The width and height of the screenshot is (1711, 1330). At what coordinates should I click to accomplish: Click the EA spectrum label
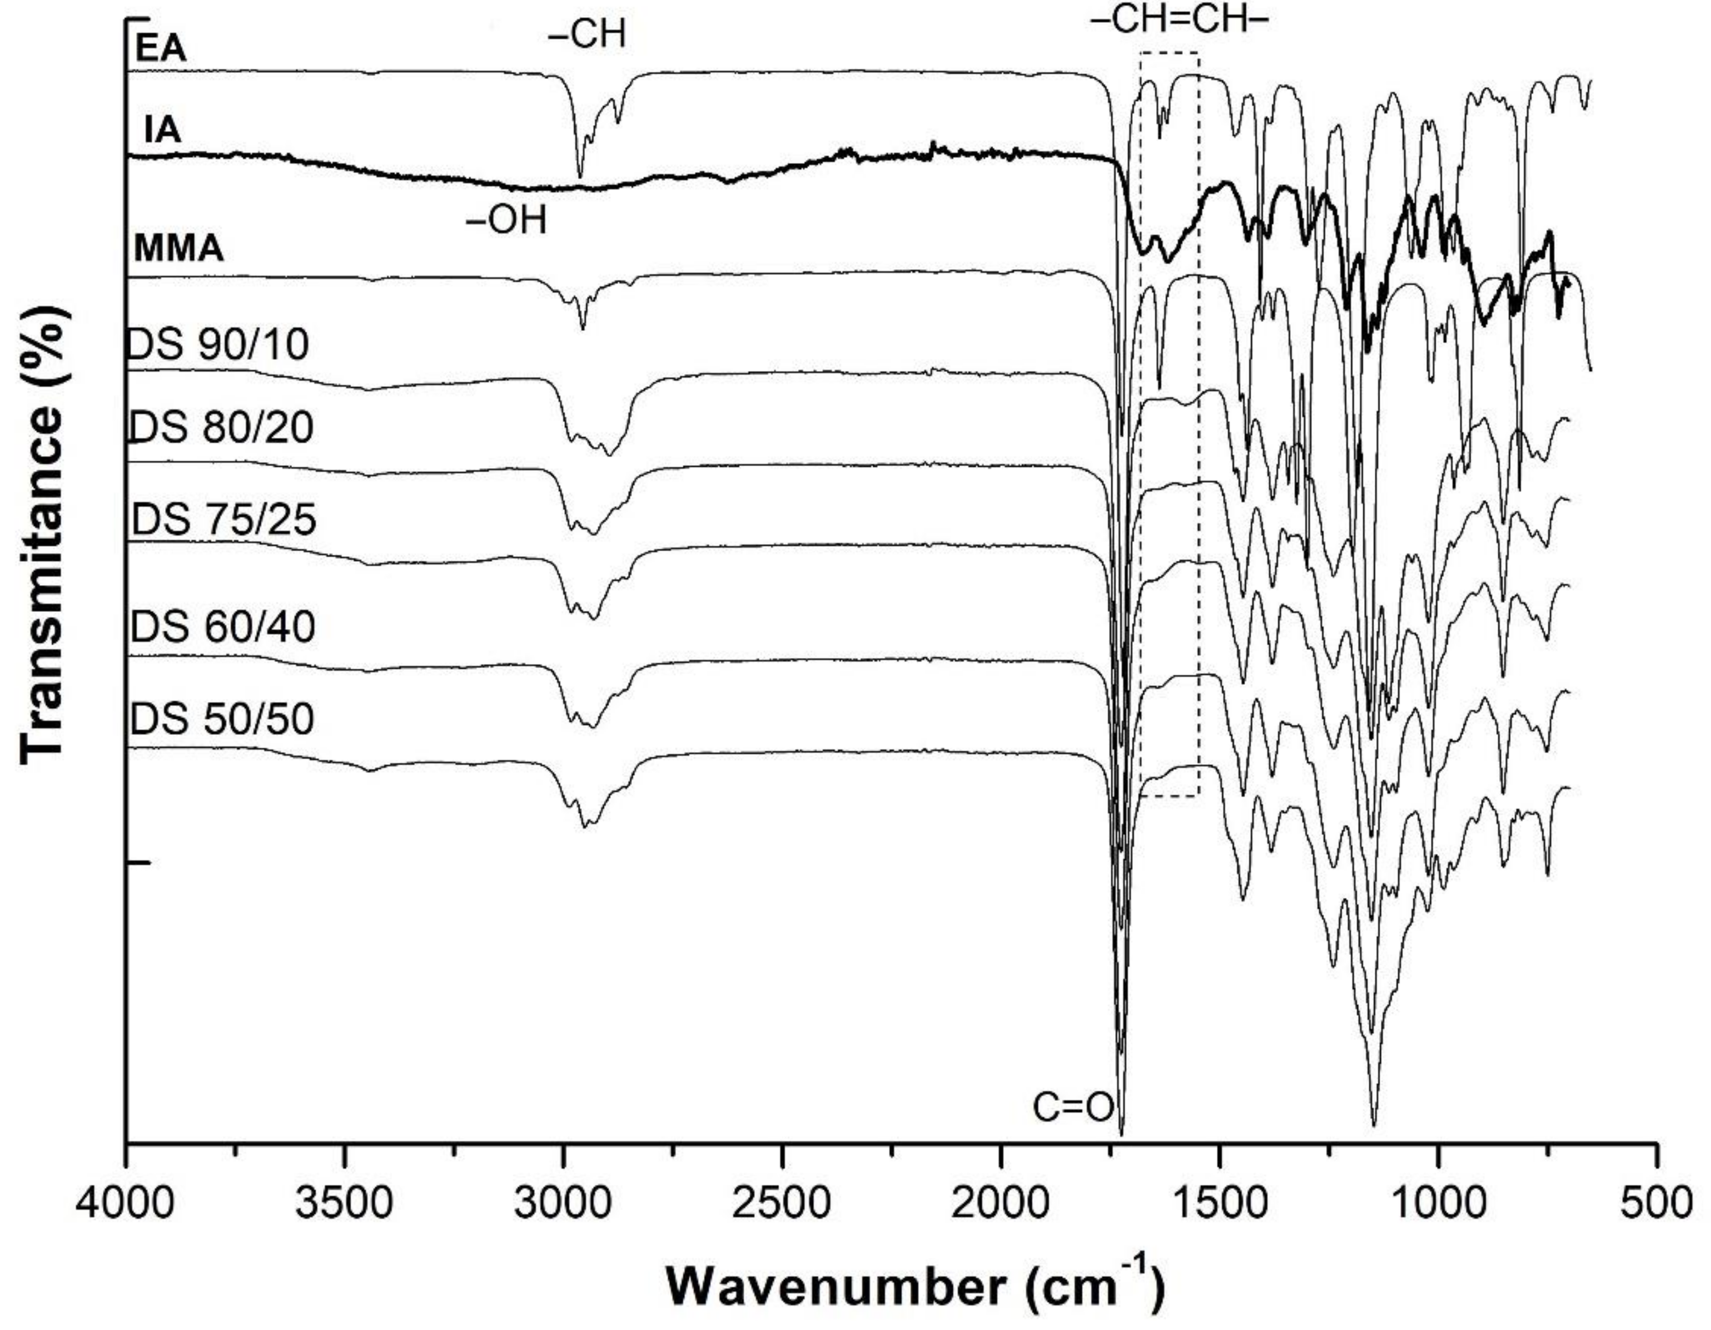(161, 50)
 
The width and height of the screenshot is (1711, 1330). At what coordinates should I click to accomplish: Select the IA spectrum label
(163, 130)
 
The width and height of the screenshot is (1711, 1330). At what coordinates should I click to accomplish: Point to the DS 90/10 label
(218, 344)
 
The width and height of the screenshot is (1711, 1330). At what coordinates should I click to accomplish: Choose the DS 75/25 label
(224, 520)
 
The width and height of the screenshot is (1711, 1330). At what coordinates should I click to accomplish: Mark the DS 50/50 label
(222, 719)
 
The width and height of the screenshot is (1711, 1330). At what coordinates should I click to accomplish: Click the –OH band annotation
(506, 222)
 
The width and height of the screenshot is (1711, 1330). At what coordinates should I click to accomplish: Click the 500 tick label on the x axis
(1657, 1204)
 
